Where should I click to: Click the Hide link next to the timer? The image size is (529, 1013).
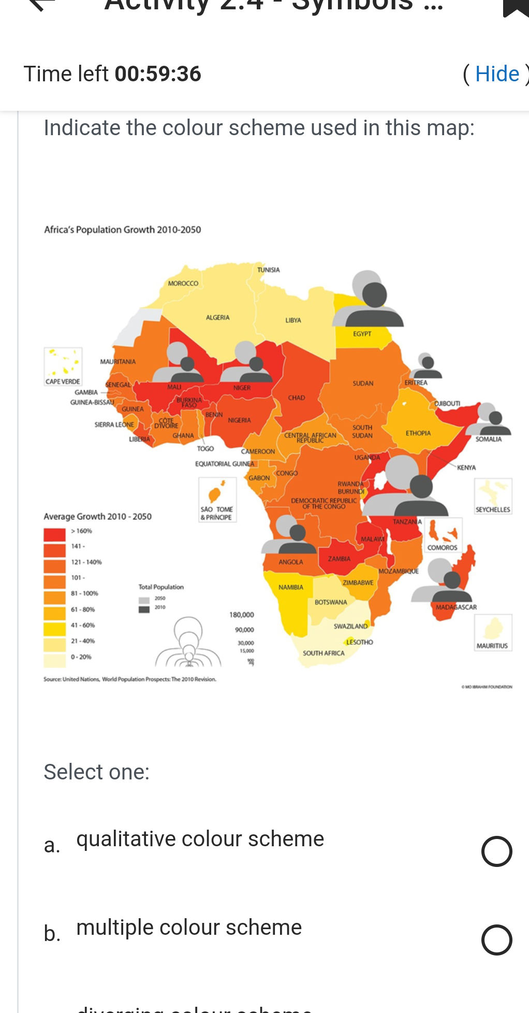coord(497,74)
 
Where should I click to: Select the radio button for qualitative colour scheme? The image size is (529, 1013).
coord(496,851)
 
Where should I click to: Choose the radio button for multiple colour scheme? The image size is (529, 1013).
coord(496,939)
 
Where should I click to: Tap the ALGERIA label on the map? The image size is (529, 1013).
coord(217,317)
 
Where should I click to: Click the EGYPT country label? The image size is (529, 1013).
coord(362,334)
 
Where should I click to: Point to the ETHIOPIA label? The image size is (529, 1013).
coord(418,433)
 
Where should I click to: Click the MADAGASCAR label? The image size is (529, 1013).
coord(456,607)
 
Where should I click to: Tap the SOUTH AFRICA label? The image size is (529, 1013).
coord(324,653)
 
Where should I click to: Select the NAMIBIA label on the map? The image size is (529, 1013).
coord(291,587)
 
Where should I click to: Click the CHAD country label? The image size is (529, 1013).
coord(297,398)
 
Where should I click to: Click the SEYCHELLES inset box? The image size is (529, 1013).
coord(493,496)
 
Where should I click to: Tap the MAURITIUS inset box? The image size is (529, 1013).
coord(493,632)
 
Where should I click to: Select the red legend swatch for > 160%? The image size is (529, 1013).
coord(54,533)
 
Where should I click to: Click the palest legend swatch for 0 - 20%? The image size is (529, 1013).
coord(54,660)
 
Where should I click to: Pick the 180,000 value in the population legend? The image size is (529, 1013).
coord(242,615)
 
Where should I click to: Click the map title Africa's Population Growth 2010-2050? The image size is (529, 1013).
coord(123,229)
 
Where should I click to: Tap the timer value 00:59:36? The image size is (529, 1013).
coord(158,74)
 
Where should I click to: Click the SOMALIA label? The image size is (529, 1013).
coord(489,439)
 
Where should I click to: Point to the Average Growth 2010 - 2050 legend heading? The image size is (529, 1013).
coord(98,516)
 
